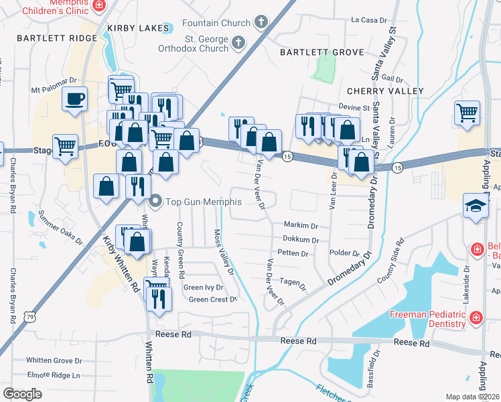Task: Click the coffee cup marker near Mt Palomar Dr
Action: [x=74, y=100]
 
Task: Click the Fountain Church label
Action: [x=216, y=23]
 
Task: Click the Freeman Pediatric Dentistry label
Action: [x=428, y=319]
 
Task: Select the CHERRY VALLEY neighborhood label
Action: [x=385, y=90]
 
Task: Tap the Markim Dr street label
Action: [x=301, y=226]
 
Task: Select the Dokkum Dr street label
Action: [x=299, y=239]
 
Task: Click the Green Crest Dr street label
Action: [x=213, y=299]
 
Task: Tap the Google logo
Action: [x=22, y=393]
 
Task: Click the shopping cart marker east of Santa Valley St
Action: [x=467, y=113]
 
